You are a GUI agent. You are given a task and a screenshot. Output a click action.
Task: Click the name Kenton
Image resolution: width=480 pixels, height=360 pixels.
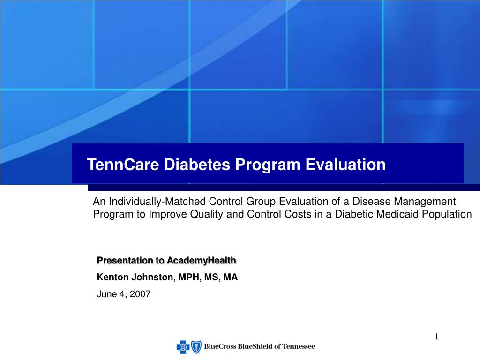[112, 277]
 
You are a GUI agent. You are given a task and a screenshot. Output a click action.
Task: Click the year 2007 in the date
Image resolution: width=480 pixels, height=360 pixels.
[141, 294]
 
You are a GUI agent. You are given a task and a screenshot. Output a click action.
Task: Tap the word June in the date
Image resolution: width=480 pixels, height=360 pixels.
[105, 294]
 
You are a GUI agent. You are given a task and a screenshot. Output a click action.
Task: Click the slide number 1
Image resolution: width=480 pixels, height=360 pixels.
[436, 337]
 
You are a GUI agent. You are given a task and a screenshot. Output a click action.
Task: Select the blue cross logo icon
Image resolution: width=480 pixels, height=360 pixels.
[182, 347]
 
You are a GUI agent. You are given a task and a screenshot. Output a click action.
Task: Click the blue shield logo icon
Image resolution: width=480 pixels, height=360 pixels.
[195, 347]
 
